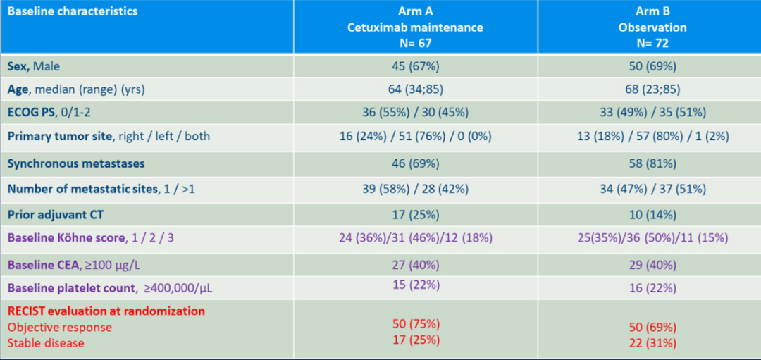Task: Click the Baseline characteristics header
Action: (x=73, y=12)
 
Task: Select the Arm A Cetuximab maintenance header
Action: (x=415, y=27)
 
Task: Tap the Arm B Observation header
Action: (x=652, y=27)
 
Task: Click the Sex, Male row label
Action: (x=34, y=66)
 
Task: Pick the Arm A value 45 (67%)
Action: (x=415, y=66)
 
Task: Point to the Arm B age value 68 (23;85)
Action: (x=652, y=89)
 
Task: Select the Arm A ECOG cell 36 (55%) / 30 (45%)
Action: (x=415, y=113)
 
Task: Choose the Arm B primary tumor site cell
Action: (x=652, y=136)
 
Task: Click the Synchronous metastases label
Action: (x=76, y=163)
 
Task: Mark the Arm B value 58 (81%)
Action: (x=652, y=163)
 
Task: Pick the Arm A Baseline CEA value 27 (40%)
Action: (x=415, y=265)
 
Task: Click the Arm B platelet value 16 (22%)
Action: (x=652, y=288)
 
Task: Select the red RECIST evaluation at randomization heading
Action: (x=106, y=311)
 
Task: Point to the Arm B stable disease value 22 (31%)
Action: (x=652, y=343)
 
